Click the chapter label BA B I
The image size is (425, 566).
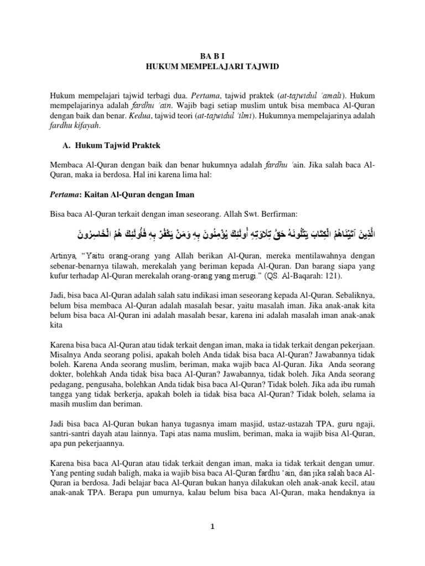[x=212, y=56]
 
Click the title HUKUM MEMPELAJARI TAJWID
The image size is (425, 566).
[x=212, y=66]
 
